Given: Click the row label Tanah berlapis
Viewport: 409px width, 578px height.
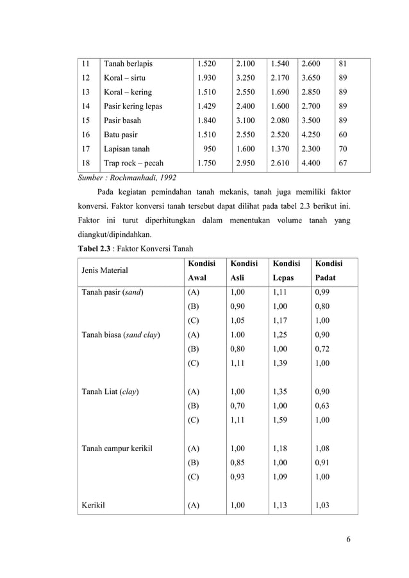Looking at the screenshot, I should [128, 63].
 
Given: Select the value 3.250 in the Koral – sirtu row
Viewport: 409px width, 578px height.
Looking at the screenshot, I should [245, 78].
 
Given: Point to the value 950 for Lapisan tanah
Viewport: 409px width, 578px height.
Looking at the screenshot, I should [209, 149].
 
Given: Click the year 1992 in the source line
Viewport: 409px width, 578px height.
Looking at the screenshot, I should [166, 177].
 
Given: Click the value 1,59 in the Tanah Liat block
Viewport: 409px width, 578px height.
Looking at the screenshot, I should [280, 420].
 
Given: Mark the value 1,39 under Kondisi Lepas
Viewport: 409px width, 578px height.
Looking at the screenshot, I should [280, 363].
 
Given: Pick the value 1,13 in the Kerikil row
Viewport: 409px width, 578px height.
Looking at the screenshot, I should [280, 505].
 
